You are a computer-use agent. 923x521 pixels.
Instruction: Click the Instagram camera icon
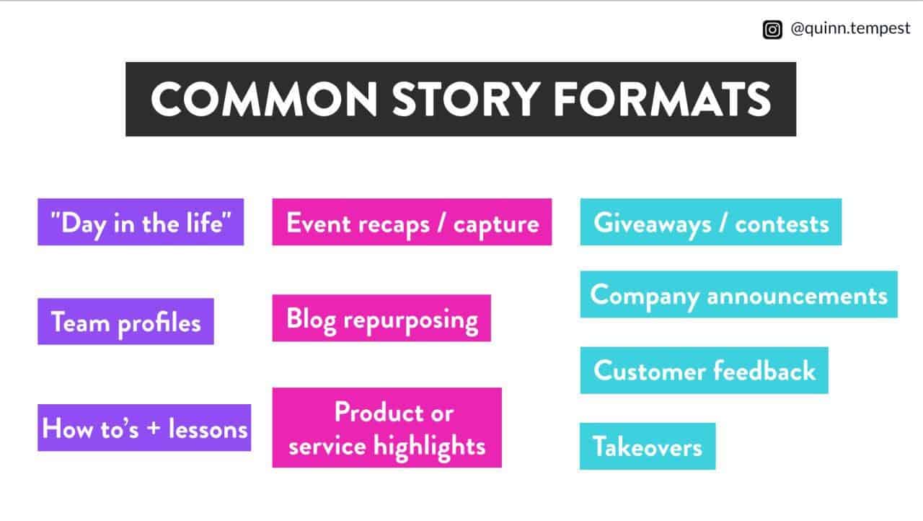click(x=772, y=30)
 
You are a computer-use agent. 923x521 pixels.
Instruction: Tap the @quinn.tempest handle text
click(x=850, y=29)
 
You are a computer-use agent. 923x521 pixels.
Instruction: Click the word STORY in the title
click(x=466, y=100)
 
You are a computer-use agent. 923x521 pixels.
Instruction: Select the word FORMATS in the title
click(x=662, y=100)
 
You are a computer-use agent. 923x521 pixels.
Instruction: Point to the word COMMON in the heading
click(x=264, y=100)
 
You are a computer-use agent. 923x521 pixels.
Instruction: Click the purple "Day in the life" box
click(x=141, y=222)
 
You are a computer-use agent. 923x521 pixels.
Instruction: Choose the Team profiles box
click(x=125, y=322)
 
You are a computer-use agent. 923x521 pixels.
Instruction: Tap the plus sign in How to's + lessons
click(x=154, y=428)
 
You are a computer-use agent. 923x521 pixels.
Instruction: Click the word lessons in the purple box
click(x=208, y=429)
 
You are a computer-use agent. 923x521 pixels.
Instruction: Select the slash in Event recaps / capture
click(x=441, y=224)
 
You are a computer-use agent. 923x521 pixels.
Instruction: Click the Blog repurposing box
click(x=381, y=318)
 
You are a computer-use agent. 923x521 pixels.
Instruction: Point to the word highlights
click(x=429, y=447)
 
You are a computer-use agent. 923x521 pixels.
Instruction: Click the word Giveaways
click(x=653, y=224)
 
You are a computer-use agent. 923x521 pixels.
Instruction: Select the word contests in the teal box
click(x=782, y=224)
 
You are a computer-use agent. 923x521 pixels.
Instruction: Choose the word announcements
click(x=798, y=296)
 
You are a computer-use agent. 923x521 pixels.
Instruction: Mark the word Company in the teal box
click(x=645, y=297)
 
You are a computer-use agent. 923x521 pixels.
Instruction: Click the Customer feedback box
click(x=705, y=370)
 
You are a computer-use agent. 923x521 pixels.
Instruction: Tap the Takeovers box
click(x=648, y=447)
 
